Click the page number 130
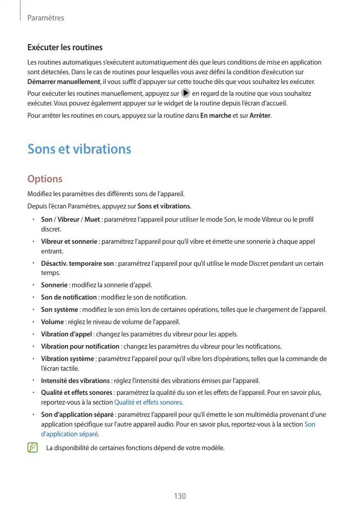[179, 496]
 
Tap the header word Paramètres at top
[46, 18]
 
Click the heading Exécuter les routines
[65, 48]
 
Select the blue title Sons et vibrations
[79, 149]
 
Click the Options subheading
[45, 179]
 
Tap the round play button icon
[185, 94]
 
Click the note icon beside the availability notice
[33, 448]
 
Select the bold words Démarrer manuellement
[63, 82]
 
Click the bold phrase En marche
[215, 115]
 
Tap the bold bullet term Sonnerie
[54, 285]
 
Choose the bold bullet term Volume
[52, 322]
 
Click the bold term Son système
[59, 309]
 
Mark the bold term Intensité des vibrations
[75, 380]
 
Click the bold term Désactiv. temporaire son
[77, 264]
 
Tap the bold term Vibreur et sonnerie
[69, 241]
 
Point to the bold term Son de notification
[69, 297]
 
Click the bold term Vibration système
[67, 358]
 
